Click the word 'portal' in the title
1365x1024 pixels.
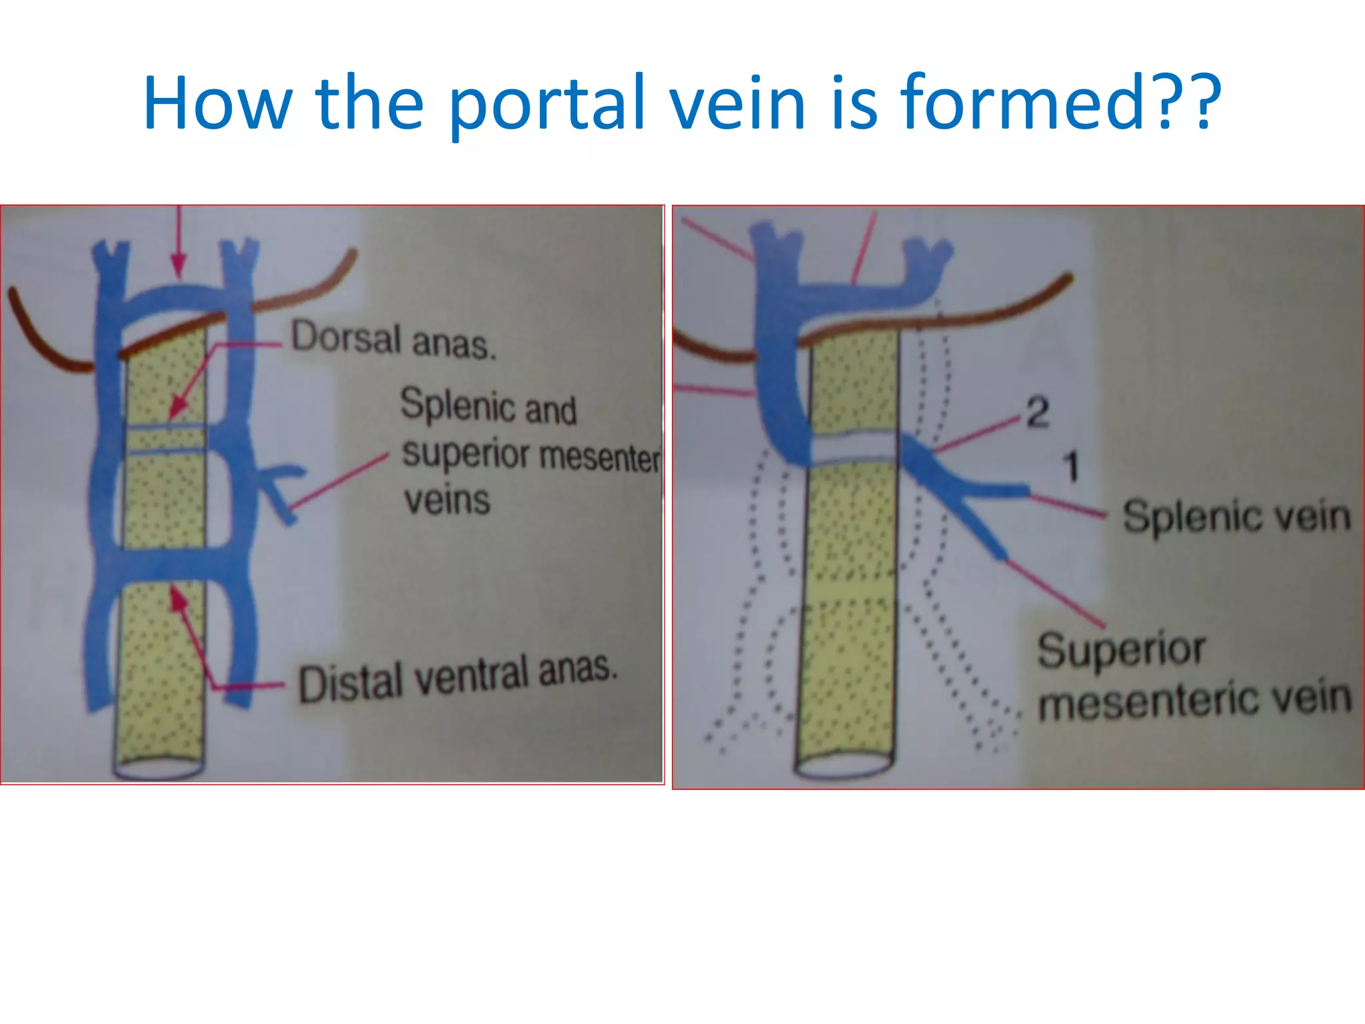pyautogui.click(x=547, y=103)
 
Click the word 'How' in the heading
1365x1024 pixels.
pyautogui.click(x=217, y=103)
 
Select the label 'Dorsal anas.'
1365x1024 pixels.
pyautogui.click(x=393, y=340)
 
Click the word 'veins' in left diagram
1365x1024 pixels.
pyautogui.click(x=447, y=500)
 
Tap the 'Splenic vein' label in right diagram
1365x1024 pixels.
pyautogui.click(x=1236, y=517)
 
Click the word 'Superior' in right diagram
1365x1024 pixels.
pyautogui.click(x=1121, y=650)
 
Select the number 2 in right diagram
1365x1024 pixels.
pyautogui.click(x=1037, y=413)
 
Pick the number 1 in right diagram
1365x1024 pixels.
pyautogui.click(x=1071, y=466)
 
